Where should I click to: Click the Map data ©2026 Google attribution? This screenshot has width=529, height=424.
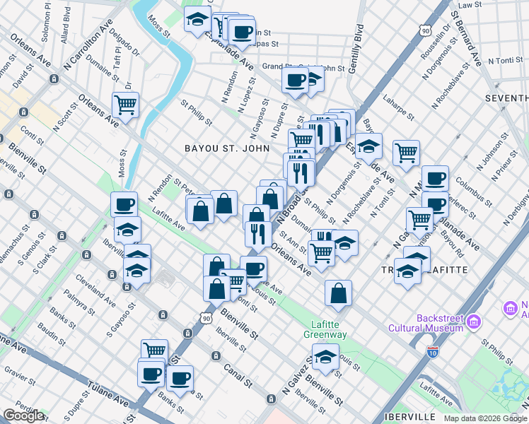pos(485,418)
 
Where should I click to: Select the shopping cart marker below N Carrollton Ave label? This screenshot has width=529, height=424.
pos(126,105)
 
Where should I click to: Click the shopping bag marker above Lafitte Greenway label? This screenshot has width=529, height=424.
pos(339,293)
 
